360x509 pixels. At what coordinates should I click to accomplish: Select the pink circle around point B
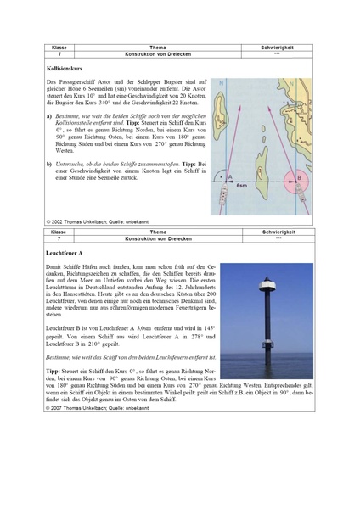click(298, 180)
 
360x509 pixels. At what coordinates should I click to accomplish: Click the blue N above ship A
click(222, 83)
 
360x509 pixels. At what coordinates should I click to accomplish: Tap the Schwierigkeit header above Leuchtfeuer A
click(278, 232)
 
